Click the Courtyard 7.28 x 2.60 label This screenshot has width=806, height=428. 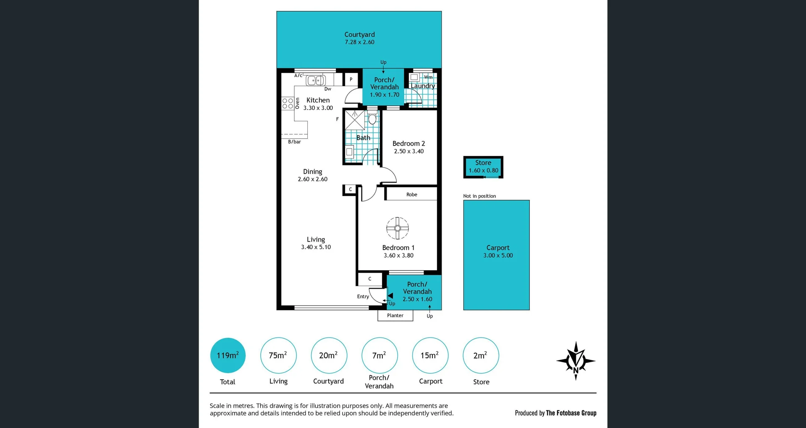359,38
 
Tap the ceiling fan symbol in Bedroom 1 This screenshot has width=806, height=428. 397,228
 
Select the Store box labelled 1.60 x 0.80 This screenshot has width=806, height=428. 483,167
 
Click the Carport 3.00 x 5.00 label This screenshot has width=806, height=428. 498,251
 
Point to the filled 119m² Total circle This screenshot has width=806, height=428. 228,355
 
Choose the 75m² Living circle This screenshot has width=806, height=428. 278,355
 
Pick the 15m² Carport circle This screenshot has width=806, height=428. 430,355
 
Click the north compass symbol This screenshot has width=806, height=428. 576,361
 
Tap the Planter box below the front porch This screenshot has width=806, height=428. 395,316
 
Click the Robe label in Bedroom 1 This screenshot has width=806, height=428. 411,195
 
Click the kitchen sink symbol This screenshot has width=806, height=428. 316,80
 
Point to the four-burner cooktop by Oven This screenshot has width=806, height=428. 288,103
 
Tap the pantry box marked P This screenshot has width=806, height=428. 351,79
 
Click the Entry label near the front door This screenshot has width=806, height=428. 363,297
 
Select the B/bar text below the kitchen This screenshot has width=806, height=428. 294,142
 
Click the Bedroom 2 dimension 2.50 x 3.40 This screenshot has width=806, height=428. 408,151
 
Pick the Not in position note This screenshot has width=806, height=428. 479,196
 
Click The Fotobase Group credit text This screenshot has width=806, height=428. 571,413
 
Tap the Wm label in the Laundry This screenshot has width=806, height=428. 428,77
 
